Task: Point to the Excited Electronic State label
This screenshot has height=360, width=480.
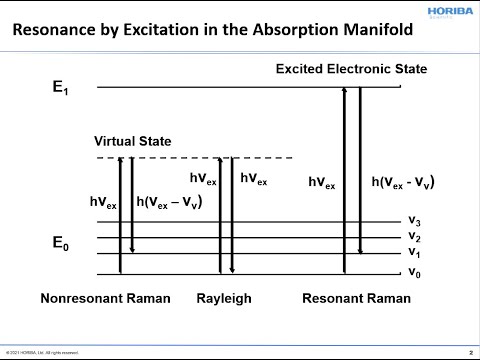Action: click(351, 69)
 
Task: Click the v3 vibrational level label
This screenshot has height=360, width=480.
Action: click(413, 221)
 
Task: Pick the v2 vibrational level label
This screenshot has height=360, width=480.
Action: click(413, 237)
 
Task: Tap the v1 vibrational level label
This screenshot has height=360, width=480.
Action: click(413, 253)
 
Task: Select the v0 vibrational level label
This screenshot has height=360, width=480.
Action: click(413, 271)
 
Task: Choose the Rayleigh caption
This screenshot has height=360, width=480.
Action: click(224, 299)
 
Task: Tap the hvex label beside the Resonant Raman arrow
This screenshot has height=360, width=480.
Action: click(321, 184)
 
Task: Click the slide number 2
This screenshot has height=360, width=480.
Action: click(470, 352)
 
